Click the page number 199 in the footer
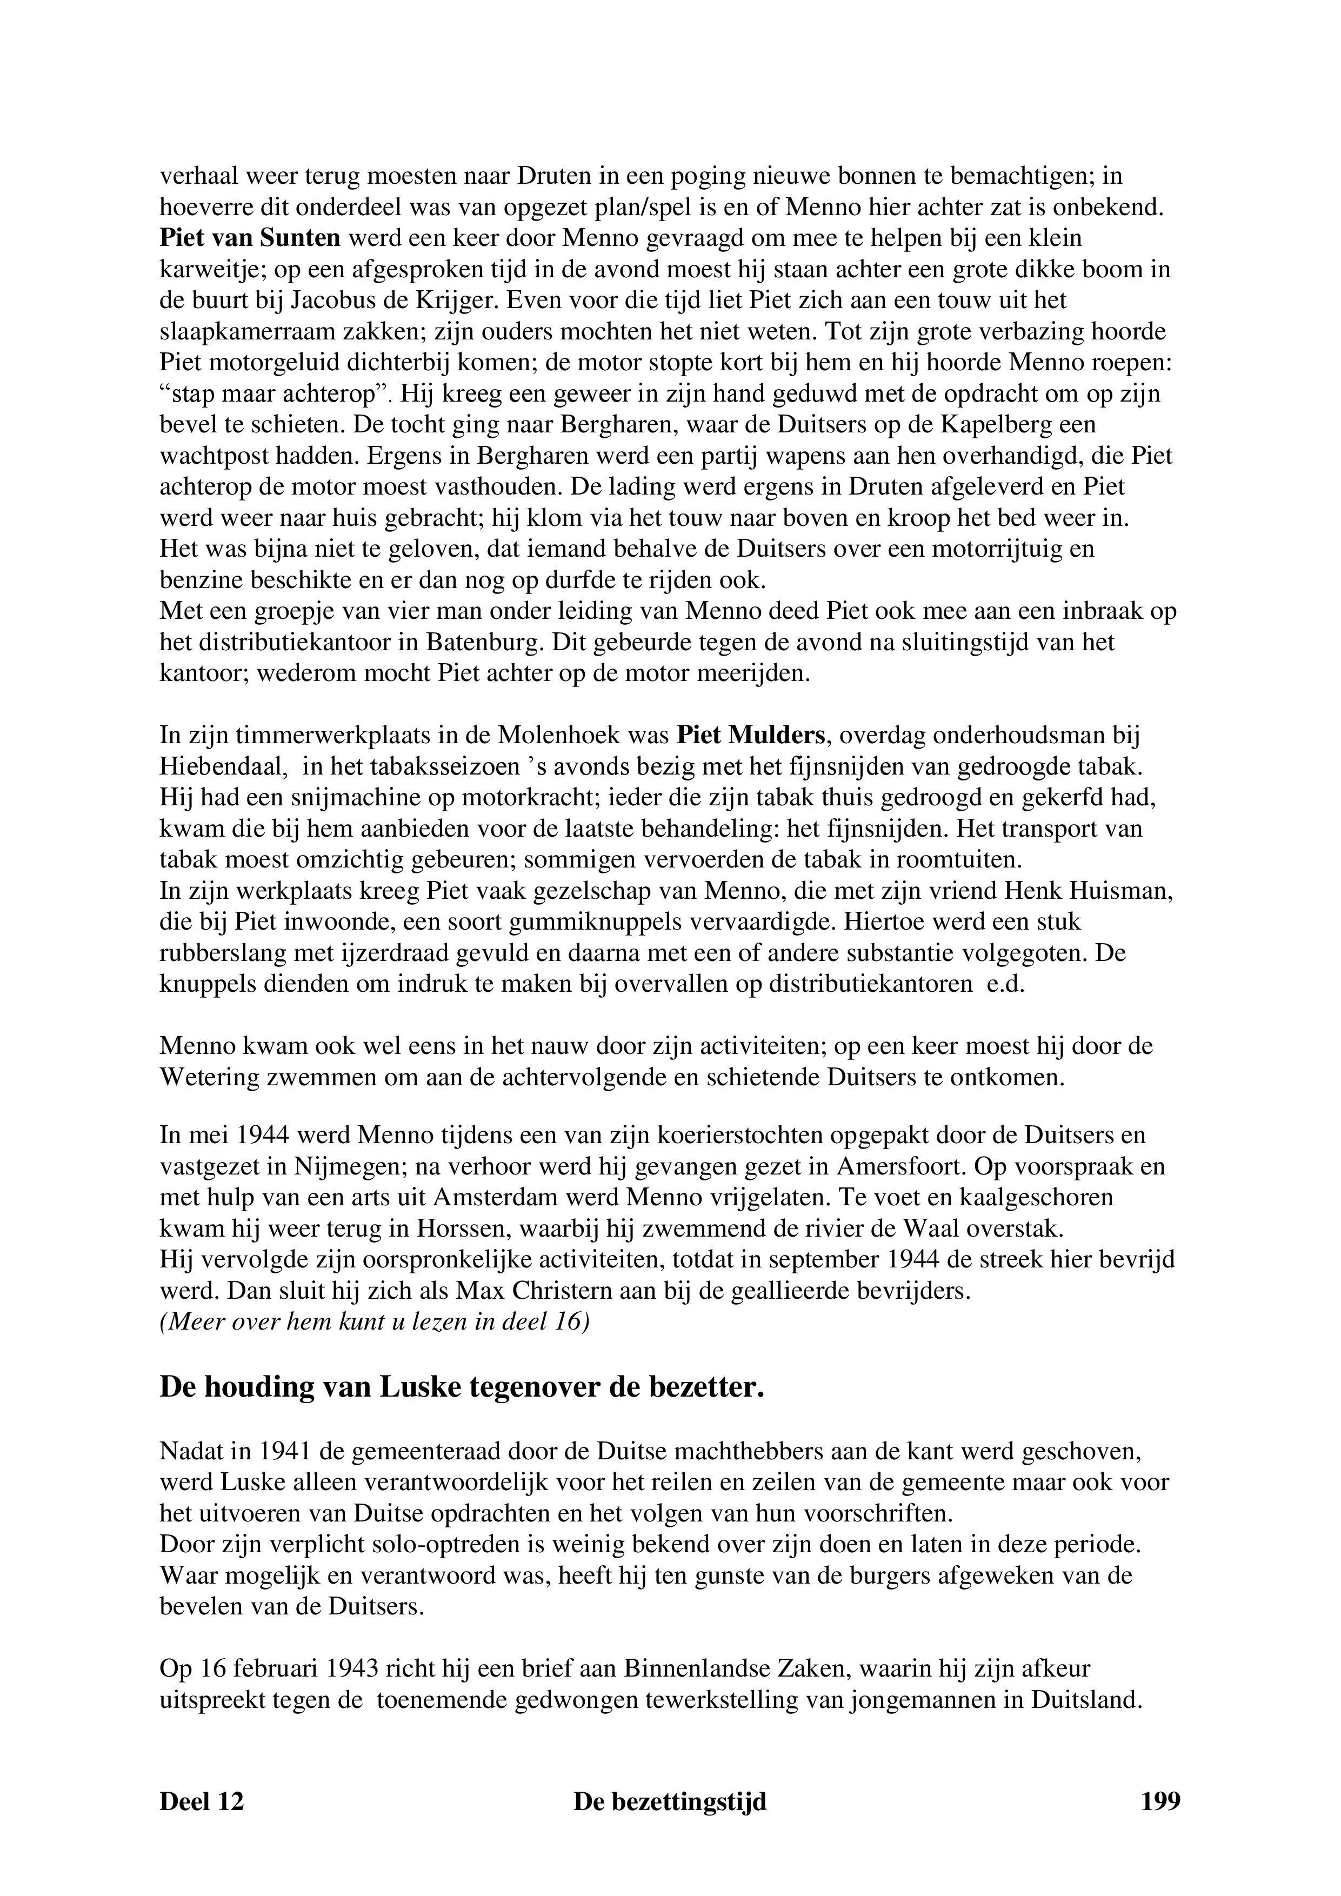point(1160,1800)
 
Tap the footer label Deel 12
point(202,1800)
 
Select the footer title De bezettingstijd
point(670,1800)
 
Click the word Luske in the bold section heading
point(421,1388)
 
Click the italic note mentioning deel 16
point(374,1322)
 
